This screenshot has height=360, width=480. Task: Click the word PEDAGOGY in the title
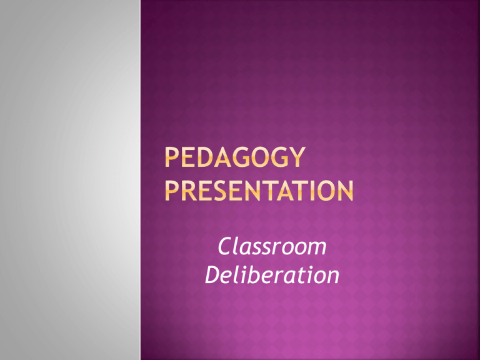235,157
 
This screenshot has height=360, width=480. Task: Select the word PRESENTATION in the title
259,191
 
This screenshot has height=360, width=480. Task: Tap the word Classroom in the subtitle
272,246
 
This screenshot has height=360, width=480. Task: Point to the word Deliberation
272,274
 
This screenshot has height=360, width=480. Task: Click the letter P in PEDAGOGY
171,157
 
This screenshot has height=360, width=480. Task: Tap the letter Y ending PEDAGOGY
297,157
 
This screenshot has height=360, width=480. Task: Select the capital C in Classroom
225,246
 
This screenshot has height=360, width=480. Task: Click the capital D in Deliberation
213,274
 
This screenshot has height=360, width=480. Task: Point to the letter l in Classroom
237,246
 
